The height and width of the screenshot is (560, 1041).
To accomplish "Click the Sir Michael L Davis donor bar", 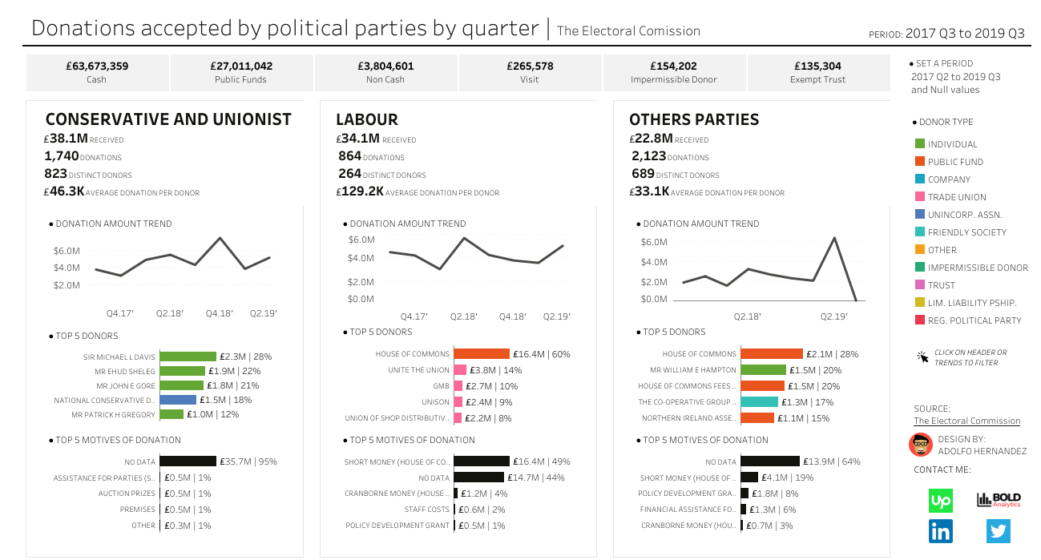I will pyautogui.click(x=188, y=357).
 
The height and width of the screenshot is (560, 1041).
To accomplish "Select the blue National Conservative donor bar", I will pyautogui.click(x=178, y=400).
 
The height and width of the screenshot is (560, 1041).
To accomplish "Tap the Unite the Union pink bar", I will pyautogui.click(x=460, y=370).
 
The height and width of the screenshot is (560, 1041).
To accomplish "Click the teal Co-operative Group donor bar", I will pyautogui.click(x=759, y=402).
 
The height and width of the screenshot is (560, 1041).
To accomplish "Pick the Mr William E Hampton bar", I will pyautogui.click(x=763, y=370).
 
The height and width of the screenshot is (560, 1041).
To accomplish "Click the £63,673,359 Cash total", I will pyautogui.click(x=96, y=66).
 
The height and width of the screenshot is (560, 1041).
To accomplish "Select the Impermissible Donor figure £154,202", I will pyautogui.click(x=673, y=66).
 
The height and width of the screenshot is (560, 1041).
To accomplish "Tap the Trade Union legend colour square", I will pyautogui.click(x=920, y=197).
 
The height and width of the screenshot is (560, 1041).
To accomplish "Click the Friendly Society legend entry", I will pyautogui.click(x=955, y=232).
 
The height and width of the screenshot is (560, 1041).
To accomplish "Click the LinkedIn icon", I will pyautogui.click(x=941, y=531).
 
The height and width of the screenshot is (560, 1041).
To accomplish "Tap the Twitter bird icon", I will pyautogui.click(x=999, y=531).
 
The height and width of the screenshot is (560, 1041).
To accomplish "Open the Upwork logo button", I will pyautogui.click(x=941, y=501).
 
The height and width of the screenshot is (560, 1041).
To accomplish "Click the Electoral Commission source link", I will pyautogui.click(x=966, y=421).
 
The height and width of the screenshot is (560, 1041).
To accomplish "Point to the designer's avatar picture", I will pyautogui.click(x=921, y=445).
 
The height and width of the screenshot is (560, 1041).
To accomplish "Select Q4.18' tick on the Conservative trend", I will pyautogui.click(x=220, y=313).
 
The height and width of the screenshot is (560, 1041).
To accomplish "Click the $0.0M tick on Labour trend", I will pyautogui.click(x=361, y=299).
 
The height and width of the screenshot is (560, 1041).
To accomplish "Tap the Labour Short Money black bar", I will pyautogui.click(x=482, y=461).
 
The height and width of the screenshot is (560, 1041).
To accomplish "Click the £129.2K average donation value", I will pyautogui.click(x=362, y=192).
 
